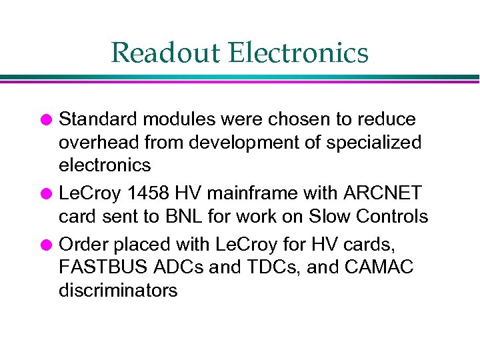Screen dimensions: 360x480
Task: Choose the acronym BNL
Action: pos(180,217)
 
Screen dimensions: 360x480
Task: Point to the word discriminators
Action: pos(118,291)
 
